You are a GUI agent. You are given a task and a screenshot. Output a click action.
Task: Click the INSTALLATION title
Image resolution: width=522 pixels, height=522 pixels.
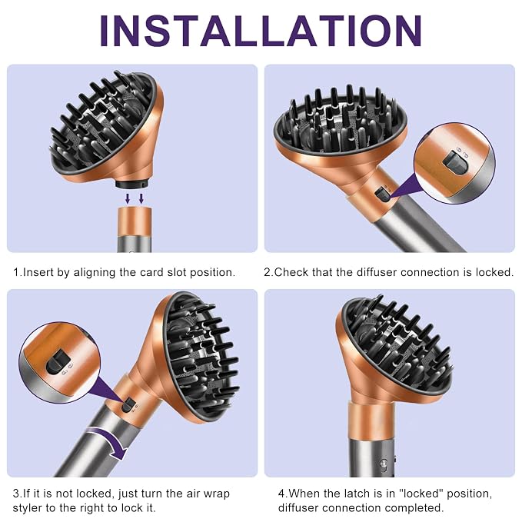click(261, 31)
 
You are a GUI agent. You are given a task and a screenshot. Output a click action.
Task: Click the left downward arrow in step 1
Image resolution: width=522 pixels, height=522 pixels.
click(128, 199)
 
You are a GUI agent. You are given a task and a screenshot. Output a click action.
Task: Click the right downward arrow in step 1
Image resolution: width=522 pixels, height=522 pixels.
click(141, 199)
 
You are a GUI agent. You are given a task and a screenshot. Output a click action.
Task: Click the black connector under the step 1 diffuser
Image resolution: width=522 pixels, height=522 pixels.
click(131, 184)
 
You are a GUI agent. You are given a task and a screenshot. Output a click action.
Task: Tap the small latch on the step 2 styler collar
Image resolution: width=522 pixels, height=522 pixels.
click(383, 194)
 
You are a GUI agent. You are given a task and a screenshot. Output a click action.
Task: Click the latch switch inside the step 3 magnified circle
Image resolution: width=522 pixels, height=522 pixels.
click(58, 361)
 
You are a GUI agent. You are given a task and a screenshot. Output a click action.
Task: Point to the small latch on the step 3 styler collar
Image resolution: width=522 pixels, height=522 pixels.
click(128, 405)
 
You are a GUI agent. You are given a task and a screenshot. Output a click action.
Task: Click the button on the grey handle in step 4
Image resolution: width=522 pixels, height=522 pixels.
click(384, 464)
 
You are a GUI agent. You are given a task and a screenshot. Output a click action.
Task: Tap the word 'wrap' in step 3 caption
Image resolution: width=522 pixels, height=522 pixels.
click(215, 494)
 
